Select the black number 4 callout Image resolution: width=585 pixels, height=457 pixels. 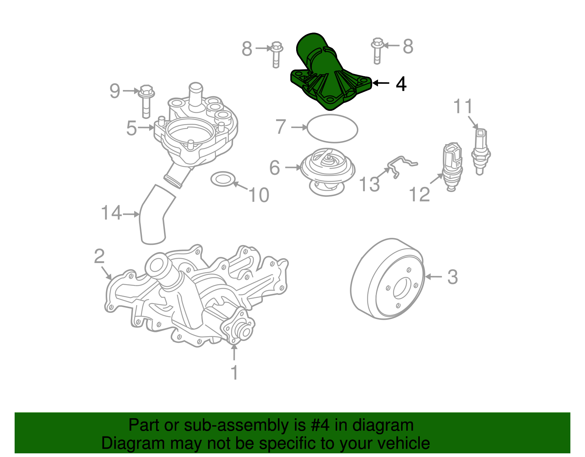(x=401, y=84)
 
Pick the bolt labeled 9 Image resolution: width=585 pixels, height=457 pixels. (x=146, y=101)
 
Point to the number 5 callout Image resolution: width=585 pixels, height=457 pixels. (x=131, y=128)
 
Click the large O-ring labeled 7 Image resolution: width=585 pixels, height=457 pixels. (x=332, y=128)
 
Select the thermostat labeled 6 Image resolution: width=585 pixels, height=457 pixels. (x=328, y=170)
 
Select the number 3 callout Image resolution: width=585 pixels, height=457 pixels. (x=452, y=277)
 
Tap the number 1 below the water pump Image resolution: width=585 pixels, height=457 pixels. (x=234, y=373)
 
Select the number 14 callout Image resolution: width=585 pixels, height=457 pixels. (x=111, y=213)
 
